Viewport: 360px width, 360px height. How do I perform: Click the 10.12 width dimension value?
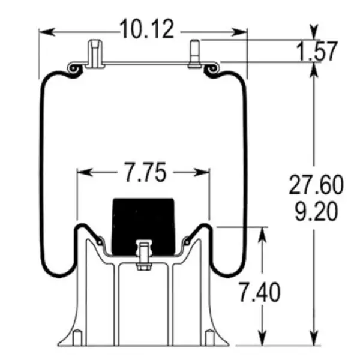coord(147,29)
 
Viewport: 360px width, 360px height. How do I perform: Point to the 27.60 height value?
coord(316,185)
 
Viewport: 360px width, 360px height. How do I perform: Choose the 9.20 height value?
coord(316,211)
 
